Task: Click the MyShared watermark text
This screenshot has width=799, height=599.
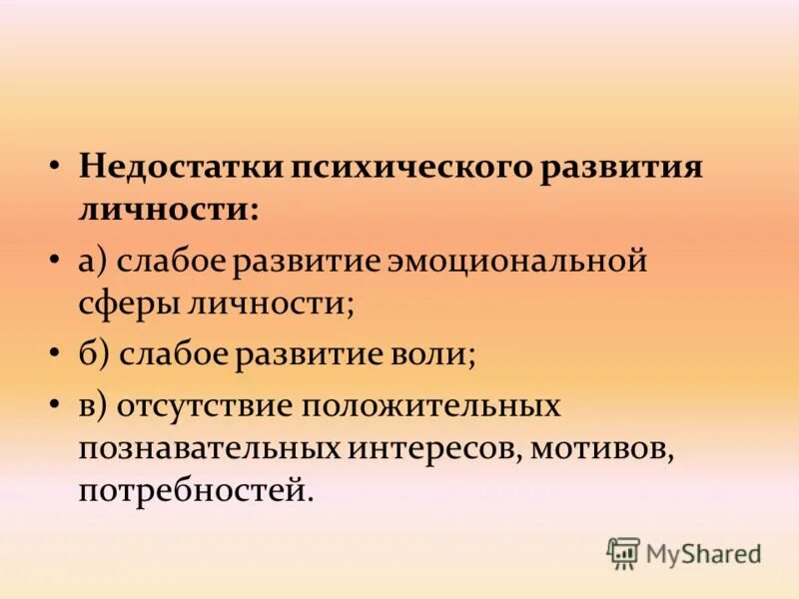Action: pyautogui.click(x=702, y=553)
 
